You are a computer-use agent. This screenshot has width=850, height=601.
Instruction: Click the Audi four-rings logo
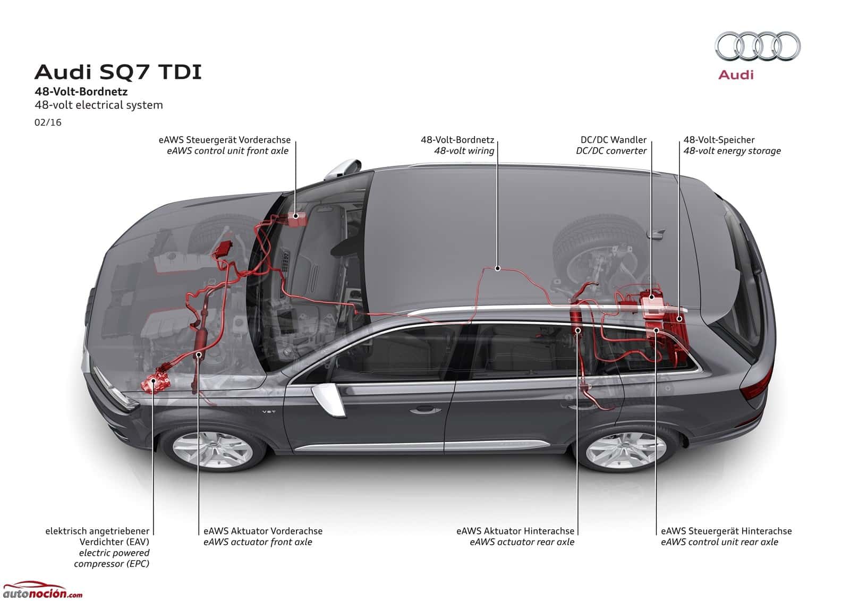click(x=757, y=46)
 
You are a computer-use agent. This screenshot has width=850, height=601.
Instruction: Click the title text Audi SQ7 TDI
click(x=118, y=72)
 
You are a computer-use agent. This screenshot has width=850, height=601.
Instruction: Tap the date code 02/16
click(x=48, y=123)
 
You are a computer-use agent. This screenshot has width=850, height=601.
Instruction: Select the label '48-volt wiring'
click(x=464, y=151)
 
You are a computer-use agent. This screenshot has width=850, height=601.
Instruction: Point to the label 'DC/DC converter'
click(x=611, y=151)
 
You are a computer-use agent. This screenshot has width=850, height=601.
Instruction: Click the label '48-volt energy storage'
click(x=732, y=151)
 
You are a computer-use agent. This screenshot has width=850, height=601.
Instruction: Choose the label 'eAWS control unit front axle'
click(x=227, y=151)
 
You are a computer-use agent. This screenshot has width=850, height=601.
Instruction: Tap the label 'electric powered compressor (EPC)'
click(x=112, y=558)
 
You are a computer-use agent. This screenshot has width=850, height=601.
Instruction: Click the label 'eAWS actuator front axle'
click(x=258, y=542)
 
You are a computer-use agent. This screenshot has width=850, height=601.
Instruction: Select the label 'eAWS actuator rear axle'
click(x=522, y=542)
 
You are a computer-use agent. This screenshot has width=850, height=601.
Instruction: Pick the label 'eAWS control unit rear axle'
click(x=719, y=542)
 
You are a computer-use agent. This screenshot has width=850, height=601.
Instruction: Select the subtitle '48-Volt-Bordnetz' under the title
click(x=81, y=91)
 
